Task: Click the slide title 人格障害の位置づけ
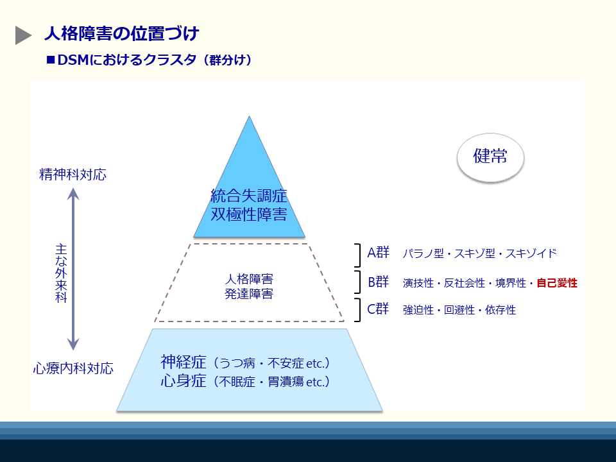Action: pyautogui.click(x=121, y=33)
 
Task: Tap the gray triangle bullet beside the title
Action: pyautogui.click(x=23, y=36)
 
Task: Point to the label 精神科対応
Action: pyautogui.click(x=73, y=175)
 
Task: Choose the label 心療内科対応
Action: pyautogui.click(x=74, y=369)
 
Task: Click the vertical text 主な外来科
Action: pyautogui.click(x=61, y=273)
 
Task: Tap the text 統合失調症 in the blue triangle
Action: pyautogui.click(x=249, y=196)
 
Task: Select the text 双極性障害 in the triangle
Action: pyautogui.click(x=249, y=214)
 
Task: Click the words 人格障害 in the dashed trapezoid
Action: pyautogui.click(x=249, y=280)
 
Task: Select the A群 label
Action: pyautogui.click(x=378, y=253)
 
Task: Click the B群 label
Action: pyautogui.click(x=378, y=282)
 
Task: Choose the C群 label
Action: pyautogui.click(x=378, y=309)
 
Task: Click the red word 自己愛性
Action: pyautogui.click(x=557, y=282)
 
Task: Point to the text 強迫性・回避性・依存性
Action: pyautogui.click(x=459, y=310)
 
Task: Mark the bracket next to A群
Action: pyautogui.click(x=359, y=255)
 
